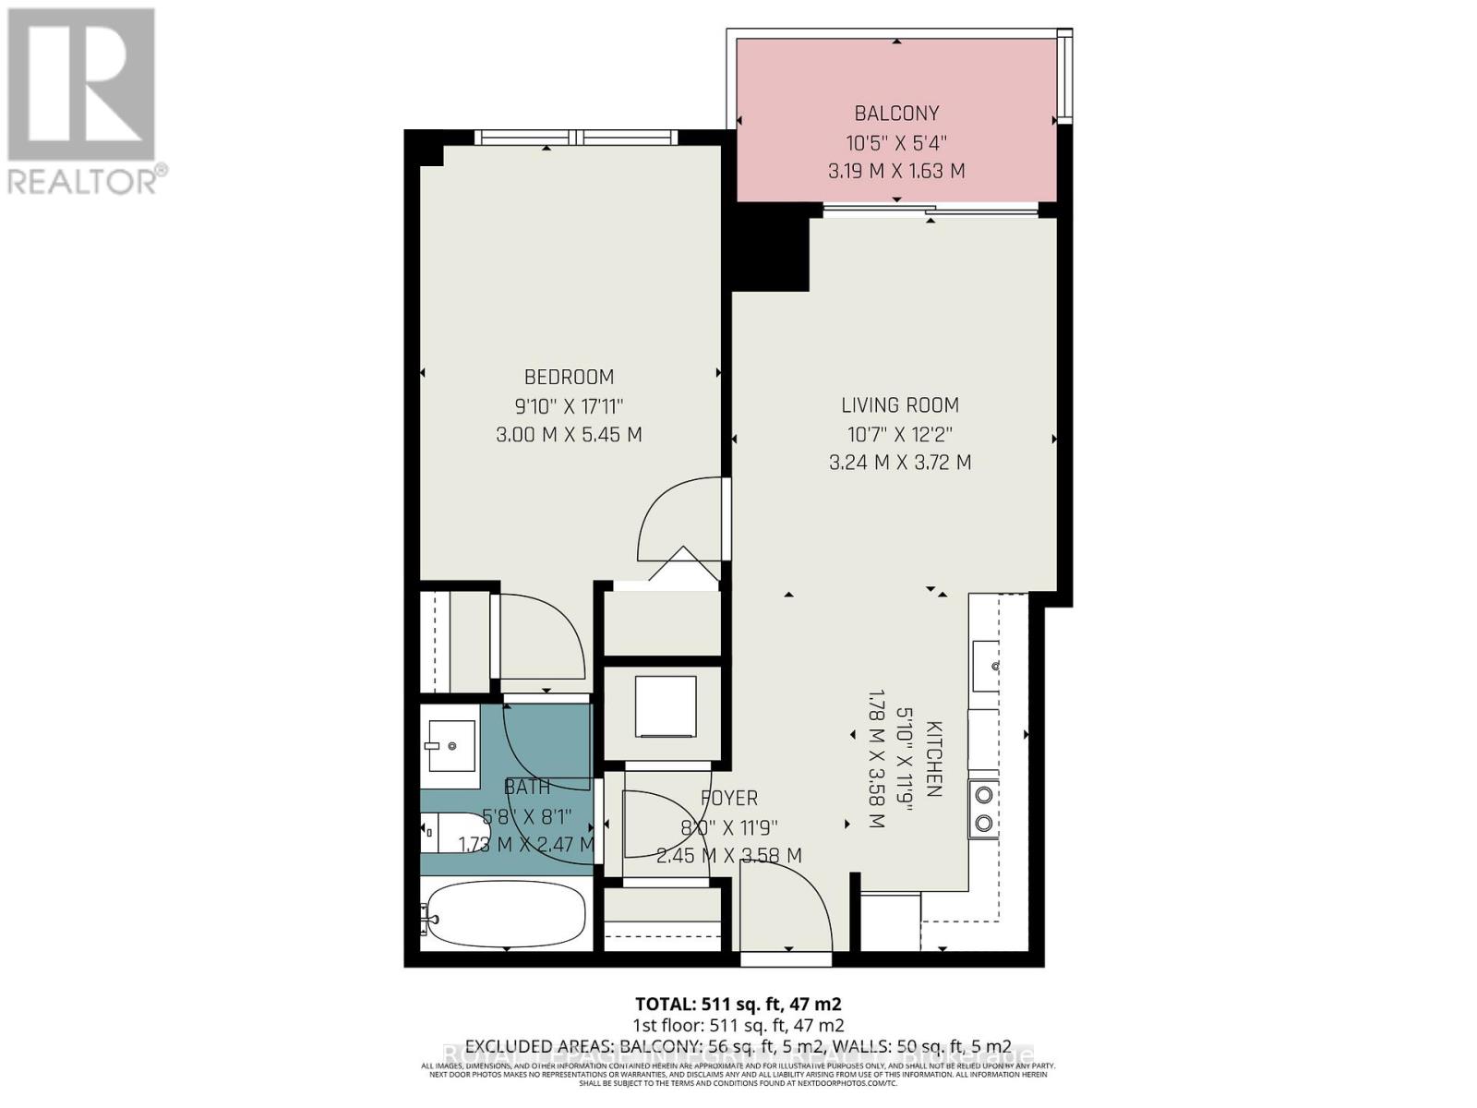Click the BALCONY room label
pyautogui.click(x=896, y=114)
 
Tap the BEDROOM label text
pyautogui.click(x=569, y=377)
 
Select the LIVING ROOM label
pyautogui.click(x=899, y=404)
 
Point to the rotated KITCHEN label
pyautogui.click(x=933, y=758)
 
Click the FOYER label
pyautogui.click(x=729, y=798)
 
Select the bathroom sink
pyautogui.click(x=450, y=744)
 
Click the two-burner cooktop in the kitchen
pyautogui.click(x=983, y=808)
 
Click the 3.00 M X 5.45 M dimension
pyautogui.click(x=569, y=435)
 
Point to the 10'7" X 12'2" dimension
pyautogui.click(x=899, y=434)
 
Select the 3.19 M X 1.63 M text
pyautogui.click(x=896, y=172)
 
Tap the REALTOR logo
pyautogui.click(x=83, y=102)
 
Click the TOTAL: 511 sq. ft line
pyautogui.click(x=738, y=1004)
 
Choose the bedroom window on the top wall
pyautogui.click(x=577, y=138)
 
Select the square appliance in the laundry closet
pyautogui.click(x=665, y=707)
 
